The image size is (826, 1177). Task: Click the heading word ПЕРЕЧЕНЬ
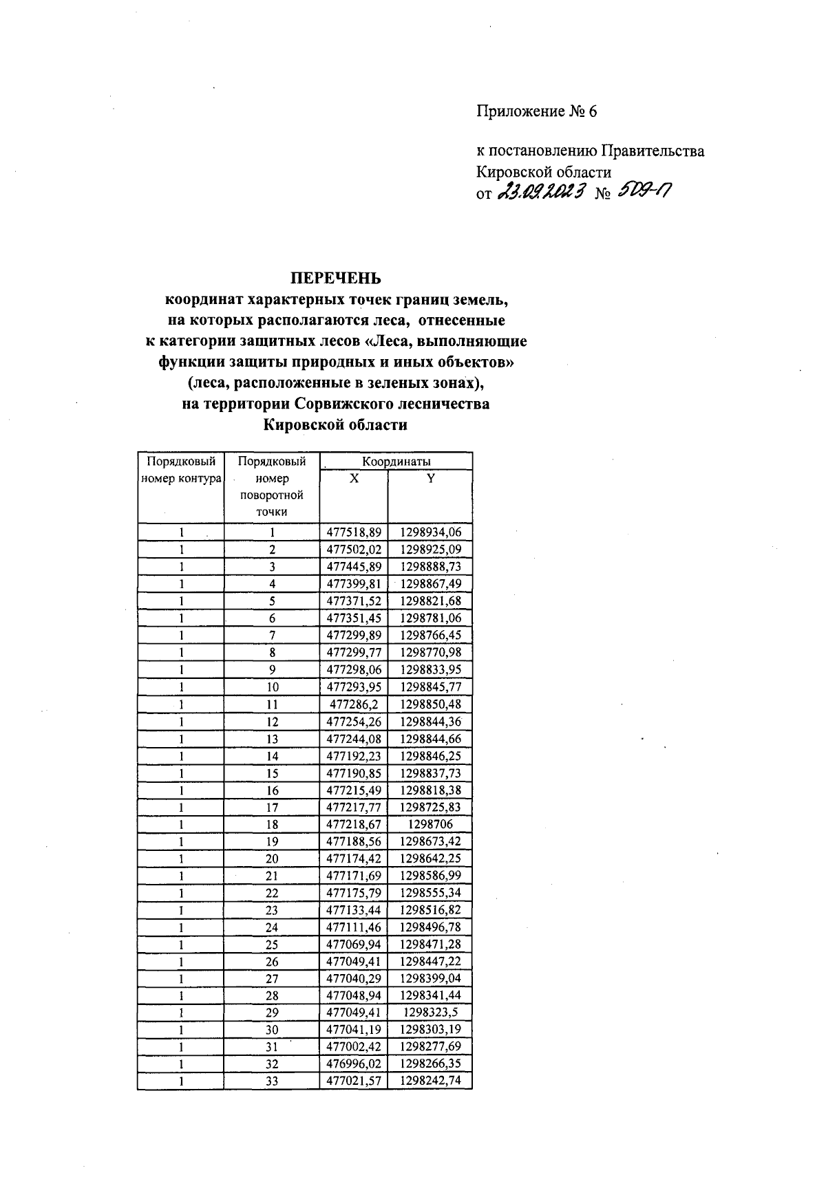click(335, 279)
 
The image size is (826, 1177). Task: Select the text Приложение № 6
click(536, 111)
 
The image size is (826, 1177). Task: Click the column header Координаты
click(396, 461)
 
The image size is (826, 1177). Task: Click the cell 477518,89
click(354, 532)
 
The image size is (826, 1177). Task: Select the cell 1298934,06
click(431, 532)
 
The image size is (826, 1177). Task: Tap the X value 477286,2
click(354, 704)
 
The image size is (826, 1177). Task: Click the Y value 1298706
click(431, 824)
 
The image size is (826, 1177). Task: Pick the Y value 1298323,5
click(431, 1013)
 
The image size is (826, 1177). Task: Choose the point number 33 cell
click(272, 1081)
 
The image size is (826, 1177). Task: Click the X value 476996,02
click(354, 1064)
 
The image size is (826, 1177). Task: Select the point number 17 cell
click(272, 808)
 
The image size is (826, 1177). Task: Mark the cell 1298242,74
click(431, 1081)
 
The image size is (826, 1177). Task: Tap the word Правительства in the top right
click(653, 151)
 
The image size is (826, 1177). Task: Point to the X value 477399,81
click(354, 584)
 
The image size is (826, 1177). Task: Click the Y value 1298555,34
click(431, 893)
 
